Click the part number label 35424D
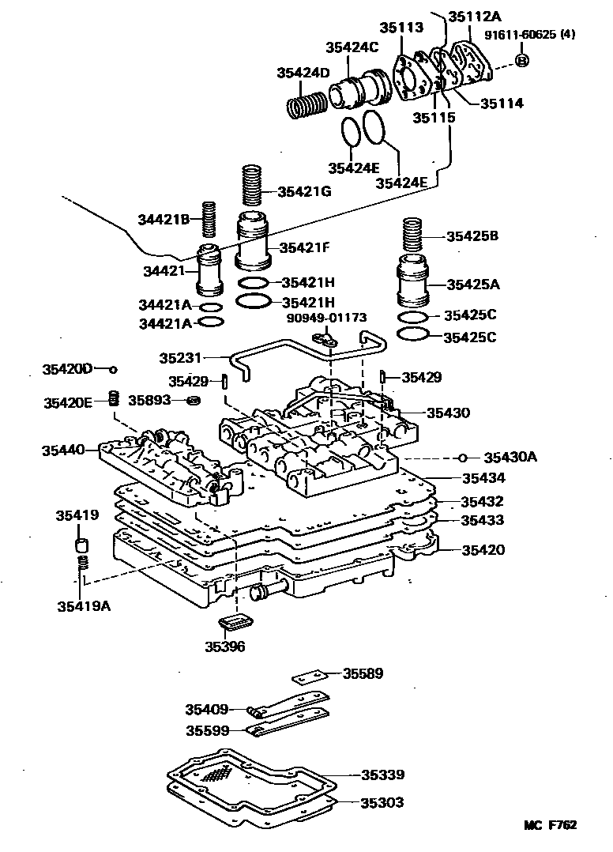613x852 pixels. pyautogui.click(x=303, y=73)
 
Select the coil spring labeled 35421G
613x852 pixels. pyautogui.click(x=251, y=186)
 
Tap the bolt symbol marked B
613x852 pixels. pyautogui.click(x=522, y=61)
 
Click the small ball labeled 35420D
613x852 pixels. pyautogui.click(x=114, y=369)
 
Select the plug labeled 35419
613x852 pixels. pyautogui.click(x=80, y=545)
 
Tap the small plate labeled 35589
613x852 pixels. pyautogui.click(x=309, y=677)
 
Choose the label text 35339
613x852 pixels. pyautogui.click(x=383, y=775)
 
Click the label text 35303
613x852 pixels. pyautogui.click(x=383, y=802)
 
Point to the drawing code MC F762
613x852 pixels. pyautogui.click(x=551, y=825)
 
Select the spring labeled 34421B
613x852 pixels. pyautogui.click(x=209, y=219)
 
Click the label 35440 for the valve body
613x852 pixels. pyautogui.click(x=64, y=451)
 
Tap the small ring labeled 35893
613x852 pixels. pyautogui.click(x=192, y=401)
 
